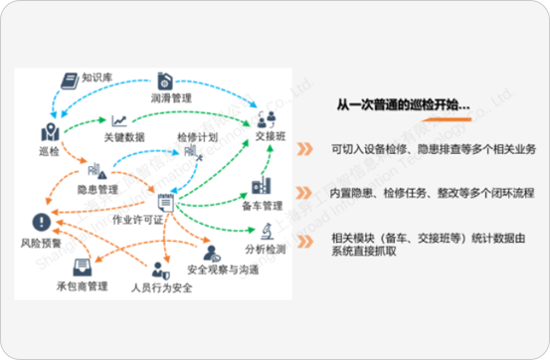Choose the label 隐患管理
pyautogui.click(x=97, y=186)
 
